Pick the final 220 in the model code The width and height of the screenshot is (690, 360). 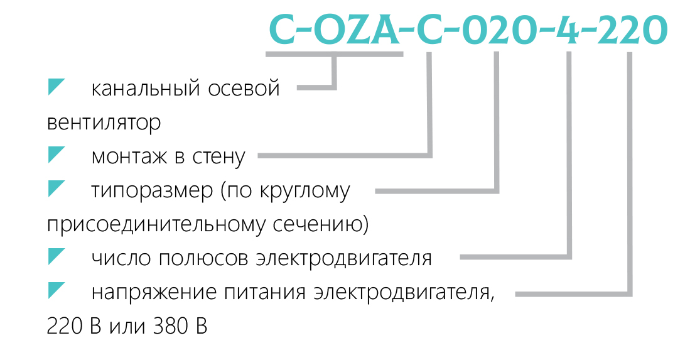click(x=632, y=30)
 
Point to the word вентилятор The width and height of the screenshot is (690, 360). click(x=104, y=123)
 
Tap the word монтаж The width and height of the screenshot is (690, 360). click(x=129, y=156)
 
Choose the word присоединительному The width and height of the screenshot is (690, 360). click(x=157, y=225)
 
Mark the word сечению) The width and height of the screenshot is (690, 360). click(x=321, y=225)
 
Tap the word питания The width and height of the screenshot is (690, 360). click(x=264, y=292)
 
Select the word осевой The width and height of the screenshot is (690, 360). click(x=244, y=88)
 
